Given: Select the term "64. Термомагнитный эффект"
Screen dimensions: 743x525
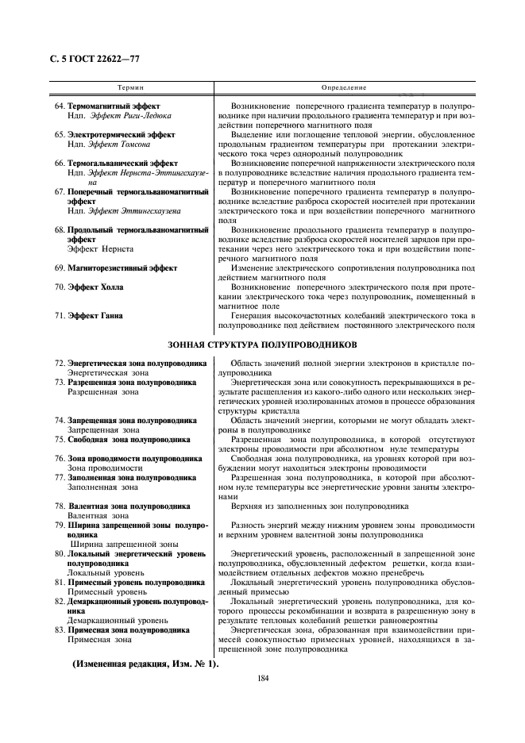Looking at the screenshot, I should (107, 106).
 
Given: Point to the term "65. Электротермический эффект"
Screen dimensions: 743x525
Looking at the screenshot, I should (115, 134).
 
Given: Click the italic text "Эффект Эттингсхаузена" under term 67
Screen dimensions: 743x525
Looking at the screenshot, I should (134, 211).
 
